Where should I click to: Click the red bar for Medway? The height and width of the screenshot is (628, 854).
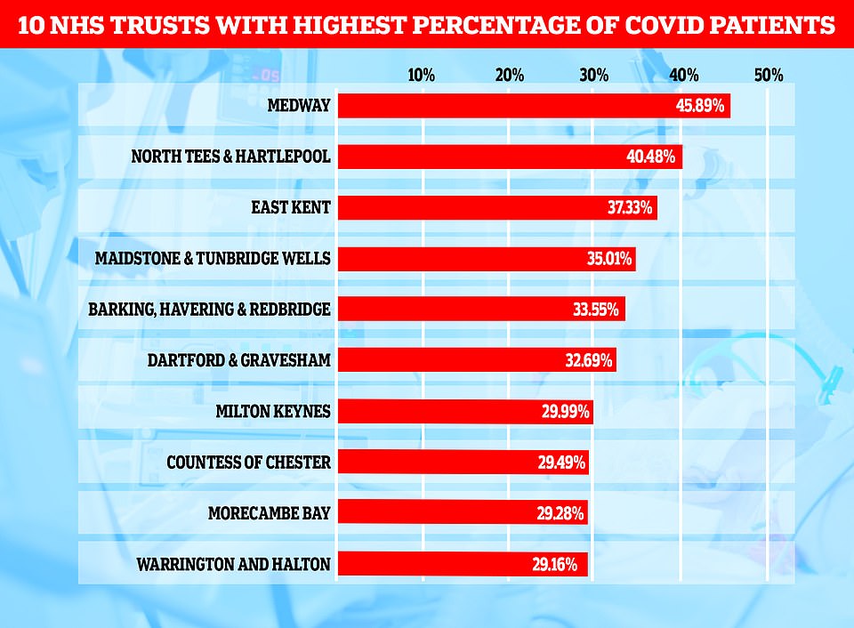498,106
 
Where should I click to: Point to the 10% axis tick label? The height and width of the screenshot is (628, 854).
421,76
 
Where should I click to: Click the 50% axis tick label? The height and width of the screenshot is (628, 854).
768,76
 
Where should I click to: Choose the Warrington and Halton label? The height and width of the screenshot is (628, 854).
233,564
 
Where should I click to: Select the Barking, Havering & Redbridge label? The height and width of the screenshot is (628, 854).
209,310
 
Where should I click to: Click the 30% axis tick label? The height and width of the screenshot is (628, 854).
594,76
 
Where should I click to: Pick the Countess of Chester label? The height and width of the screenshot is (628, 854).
248,463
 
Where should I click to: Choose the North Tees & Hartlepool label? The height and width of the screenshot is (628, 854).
230,157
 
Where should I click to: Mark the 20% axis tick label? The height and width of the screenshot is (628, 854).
509,76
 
